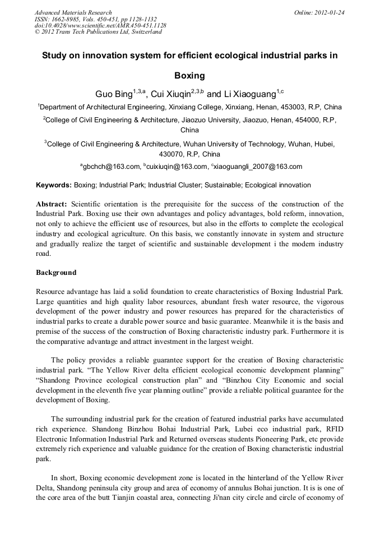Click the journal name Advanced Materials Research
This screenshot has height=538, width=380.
click(x=73, y=12)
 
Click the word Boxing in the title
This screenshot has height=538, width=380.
click(x=189, y=75)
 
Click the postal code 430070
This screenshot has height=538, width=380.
click(x=172, y=154)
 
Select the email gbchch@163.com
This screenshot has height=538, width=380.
click(x=112, y=166)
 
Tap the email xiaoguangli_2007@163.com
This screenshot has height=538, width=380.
click(x=258, y=166)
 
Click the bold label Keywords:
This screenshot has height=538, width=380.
click(x=54, y=185)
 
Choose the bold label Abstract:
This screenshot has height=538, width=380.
click(x=52, y=204)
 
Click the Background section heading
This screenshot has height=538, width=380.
click(x=56, y=273)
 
